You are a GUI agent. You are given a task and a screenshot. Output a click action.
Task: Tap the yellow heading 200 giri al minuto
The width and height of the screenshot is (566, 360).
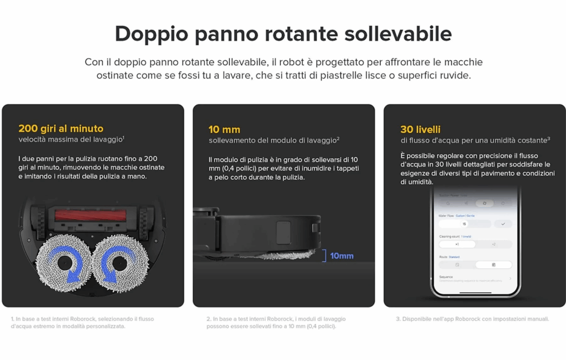pyautogui.click(x=61, y=129)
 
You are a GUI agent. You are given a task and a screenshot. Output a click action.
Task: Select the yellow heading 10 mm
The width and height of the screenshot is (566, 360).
pyautogui.click(x=224, y=129)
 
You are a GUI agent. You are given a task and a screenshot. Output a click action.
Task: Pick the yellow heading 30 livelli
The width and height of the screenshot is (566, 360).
pyautogui.click(x=421, y=129)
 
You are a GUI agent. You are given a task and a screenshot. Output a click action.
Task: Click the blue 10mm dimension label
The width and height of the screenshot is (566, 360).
pyautogui.click(x=342, y=256)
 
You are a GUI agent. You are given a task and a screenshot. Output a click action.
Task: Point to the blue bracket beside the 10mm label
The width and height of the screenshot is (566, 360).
pyautogui.click(x=324, y=255)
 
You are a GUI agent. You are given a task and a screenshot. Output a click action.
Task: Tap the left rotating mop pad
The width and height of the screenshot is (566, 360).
pyautogui.click(x=64, y=263)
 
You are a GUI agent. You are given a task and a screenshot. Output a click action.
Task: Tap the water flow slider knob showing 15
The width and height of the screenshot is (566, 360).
pyautogui.click(x=465, y=224)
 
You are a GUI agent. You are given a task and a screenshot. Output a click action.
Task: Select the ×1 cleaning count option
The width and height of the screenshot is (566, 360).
pyautogui.click(x=457, y=244)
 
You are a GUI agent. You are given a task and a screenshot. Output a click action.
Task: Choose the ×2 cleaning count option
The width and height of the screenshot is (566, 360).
pyautogui.click(x=494, y=244)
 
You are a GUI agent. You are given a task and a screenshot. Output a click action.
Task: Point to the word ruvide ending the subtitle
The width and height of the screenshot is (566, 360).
pyautogui.click(x=455, y=75)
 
